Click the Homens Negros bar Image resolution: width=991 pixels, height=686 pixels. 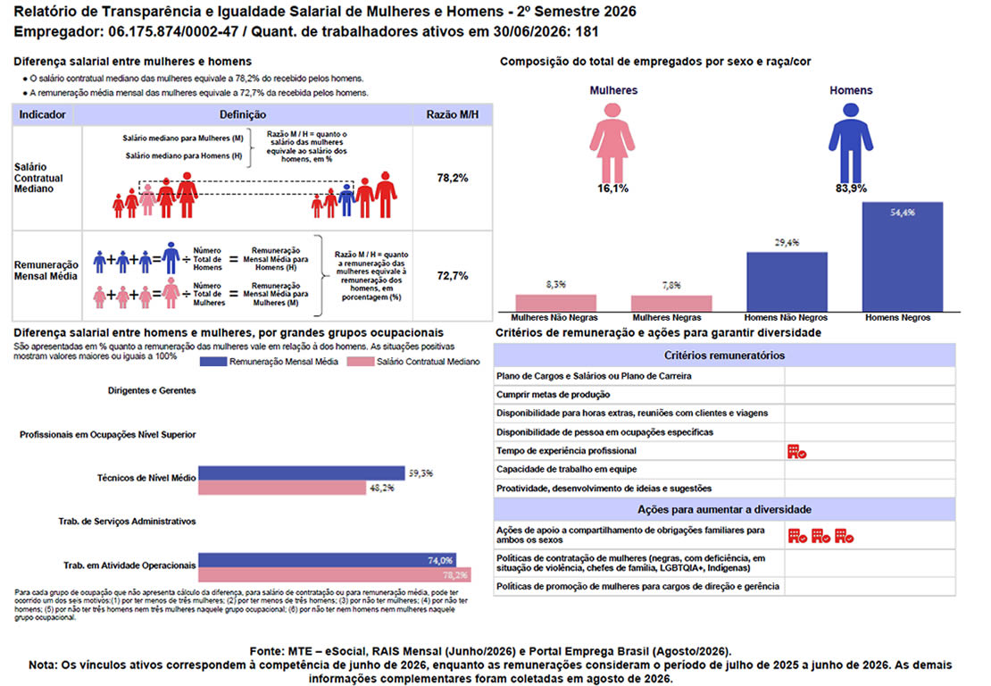coord(902,256)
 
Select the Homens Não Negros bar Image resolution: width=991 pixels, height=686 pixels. coord(787,282)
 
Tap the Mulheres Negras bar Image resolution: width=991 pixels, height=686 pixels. coord(671,304)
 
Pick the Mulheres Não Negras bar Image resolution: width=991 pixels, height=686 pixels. coord(555,303)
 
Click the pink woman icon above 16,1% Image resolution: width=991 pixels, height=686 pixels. coord(612,143)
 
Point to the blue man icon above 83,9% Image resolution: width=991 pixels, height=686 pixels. coord(851,143)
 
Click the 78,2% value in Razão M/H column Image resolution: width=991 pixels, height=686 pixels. coord(453,179)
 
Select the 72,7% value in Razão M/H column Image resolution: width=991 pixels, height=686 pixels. coord(453,276)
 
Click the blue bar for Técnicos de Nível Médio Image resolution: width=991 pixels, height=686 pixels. coord(302,473)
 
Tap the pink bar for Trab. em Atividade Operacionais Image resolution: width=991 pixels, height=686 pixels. coord(334,574)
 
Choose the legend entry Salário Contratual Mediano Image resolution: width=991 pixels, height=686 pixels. coord(413,362)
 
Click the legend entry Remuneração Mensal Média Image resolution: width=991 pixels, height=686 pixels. coord(269,362)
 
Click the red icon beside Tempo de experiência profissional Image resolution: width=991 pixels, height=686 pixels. coord(796,451)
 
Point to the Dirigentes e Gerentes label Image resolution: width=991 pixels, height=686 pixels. coord(152,390)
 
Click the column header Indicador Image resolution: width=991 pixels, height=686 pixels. coord(42,114)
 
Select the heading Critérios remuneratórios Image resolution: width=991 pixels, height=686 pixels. coord(724,356)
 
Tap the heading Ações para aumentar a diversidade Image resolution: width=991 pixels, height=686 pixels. coord(724,510)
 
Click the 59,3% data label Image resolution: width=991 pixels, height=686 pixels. coord(421,473)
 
